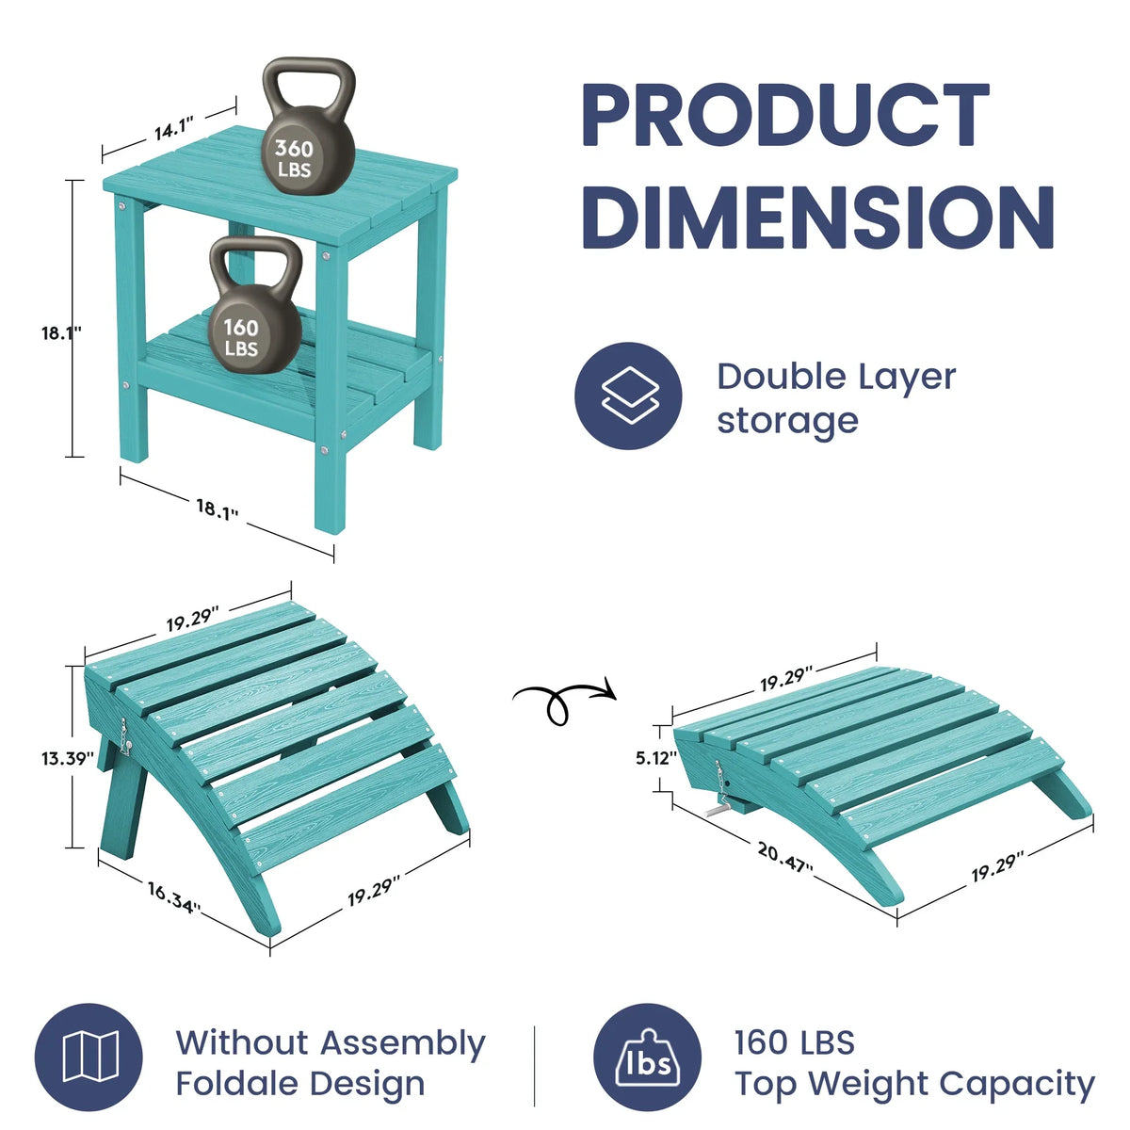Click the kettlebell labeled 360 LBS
[x=309, y=140]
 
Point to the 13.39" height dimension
[x=68, y=758]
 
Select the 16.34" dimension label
[x=174, y=897]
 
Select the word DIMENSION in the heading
[x=818, y=216]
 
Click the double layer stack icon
[x=629, y=395]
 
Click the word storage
[x=787, y=421]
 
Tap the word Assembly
[x=403, y=1043]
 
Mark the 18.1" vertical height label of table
[x=61, y=333]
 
